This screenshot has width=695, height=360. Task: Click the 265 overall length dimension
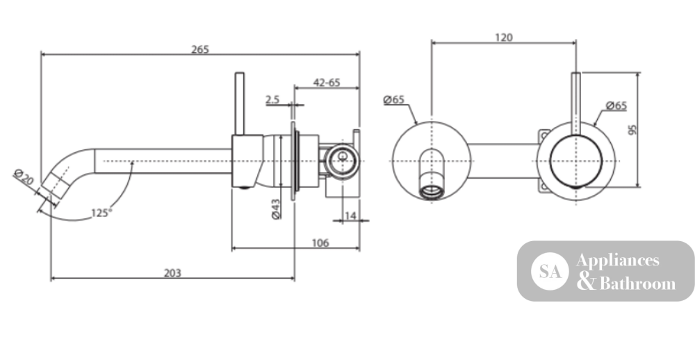pos(200,49)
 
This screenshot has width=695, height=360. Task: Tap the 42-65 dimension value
pos(327,83)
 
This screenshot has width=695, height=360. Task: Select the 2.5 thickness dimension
pos(272,100)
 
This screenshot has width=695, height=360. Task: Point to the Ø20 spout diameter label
pos(24,177)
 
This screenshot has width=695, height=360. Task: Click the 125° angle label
pos(101,213)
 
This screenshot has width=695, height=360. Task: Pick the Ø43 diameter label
pos(276,208)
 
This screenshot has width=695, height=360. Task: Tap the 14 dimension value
pos(350,215)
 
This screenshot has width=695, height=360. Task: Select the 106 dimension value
pos(320,243)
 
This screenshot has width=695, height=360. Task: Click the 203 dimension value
pos(172,273)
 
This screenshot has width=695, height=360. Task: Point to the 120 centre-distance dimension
pos(503,38)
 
